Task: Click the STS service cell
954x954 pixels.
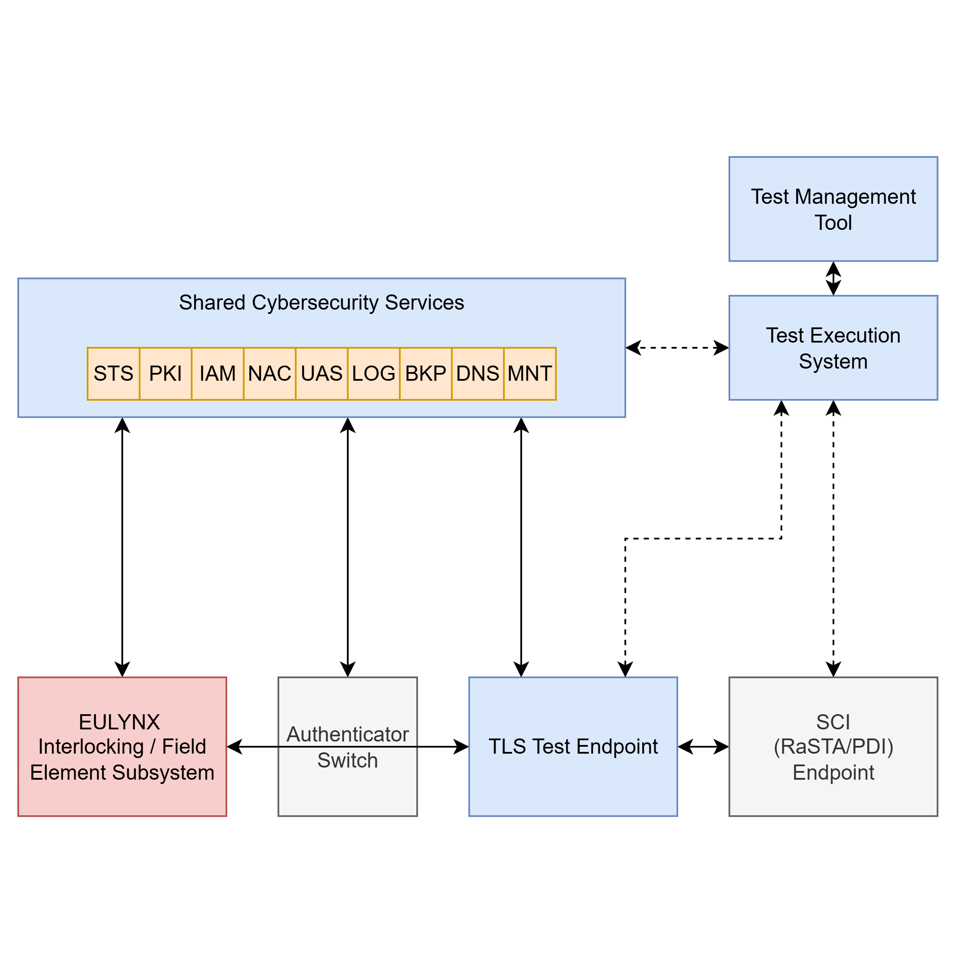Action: click(113, 373)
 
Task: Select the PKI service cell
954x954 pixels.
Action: click(165, 373)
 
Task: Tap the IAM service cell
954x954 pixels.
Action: click(217, 373)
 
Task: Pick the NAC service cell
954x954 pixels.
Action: click(270, 373)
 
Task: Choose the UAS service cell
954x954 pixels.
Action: click(321, 373)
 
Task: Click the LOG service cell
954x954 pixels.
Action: click(374, 373)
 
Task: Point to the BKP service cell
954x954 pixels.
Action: click(426, 373)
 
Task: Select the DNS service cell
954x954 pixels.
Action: click(477, 373)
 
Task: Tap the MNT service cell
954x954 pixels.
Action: click(530, 373)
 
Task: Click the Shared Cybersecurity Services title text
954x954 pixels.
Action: click(321, 302)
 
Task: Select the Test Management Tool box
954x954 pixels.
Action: click(833, 209)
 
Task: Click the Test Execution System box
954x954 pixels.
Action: click(833, 348)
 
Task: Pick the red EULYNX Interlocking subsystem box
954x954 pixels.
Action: click(122, 747)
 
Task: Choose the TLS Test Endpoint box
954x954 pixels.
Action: click(573, 747)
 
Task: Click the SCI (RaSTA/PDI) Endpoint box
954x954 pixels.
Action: click(833, 747)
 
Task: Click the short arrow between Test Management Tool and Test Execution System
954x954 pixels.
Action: click(833, 278)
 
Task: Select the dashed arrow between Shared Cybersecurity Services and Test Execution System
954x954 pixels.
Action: click(677, 348)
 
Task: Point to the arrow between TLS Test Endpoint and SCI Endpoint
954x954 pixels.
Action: click(703, 747)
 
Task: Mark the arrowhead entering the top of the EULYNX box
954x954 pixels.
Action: click(122, 669)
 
